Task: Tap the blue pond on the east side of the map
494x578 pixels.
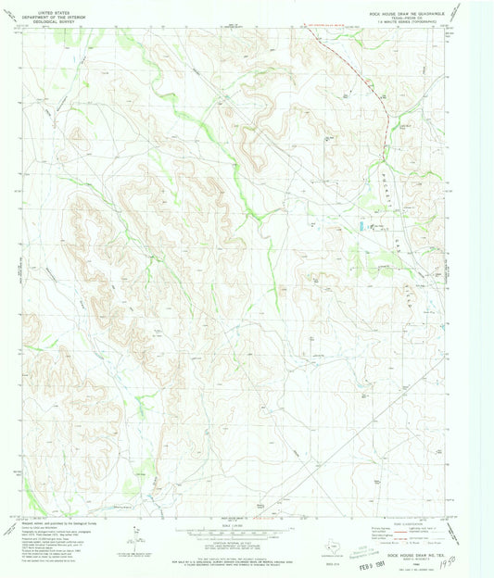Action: coord(361,225)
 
